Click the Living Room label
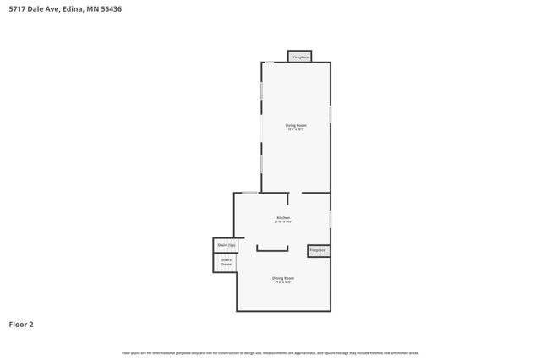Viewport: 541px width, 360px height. (x=295, y=125)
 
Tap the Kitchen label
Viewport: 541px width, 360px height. (x=283, y=217)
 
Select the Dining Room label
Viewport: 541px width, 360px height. (x=283, y=278)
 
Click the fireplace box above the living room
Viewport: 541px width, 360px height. (x=300, y=57)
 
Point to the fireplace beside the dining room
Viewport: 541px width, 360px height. (x=317, y=250)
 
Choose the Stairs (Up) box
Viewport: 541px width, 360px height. (x=226, y=245)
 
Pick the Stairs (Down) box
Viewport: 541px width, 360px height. (x=226, y=263)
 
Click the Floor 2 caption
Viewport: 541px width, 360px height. (x=21, y=324)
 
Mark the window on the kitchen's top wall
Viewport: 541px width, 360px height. (x=250, y=193)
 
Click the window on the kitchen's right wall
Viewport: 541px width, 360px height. (x=330, y=219)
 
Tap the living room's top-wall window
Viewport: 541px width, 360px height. (x=269, y=62)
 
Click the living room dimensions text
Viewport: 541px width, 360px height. (x=295, y=129)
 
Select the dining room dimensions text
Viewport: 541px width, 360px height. (x=283, y=282)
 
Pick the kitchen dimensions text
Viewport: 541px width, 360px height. (x=283, y=221)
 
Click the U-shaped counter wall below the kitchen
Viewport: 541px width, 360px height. (x=272, y=249)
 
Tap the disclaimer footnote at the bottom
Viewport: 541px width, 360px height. (x=270, y=352)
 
